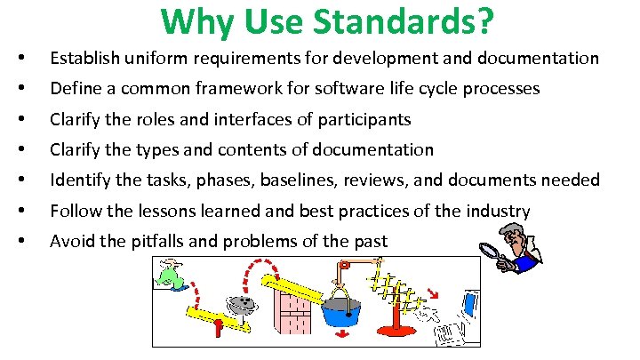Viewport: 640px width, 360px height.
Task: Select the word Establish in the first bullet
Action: tap(81, 59)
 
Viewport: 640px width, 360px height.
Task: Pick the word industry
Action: tap(500, 211)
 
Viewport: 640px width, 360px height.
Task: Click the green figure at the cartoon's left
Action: tap(168, 275)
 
